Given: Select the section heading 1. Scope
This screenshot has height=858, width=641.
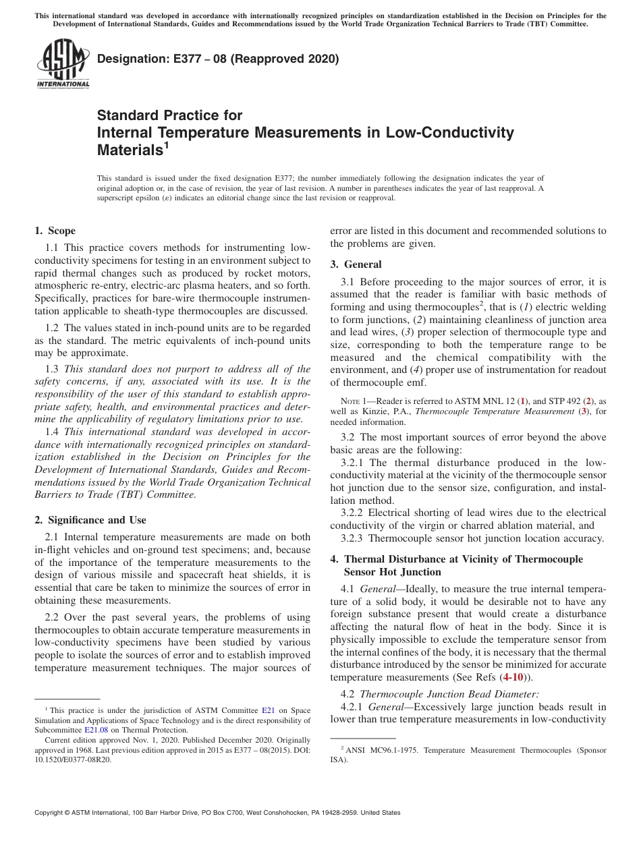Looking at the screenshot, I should [55, 231].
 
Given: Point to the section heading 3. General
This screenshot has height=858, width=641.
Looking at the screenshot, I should [356, 264].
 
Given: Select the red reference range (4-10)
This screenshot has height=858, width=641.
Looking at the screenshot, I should [515, 677].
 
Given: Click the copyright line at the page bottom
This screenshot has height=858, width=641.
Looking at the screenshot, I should [217, 813].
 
